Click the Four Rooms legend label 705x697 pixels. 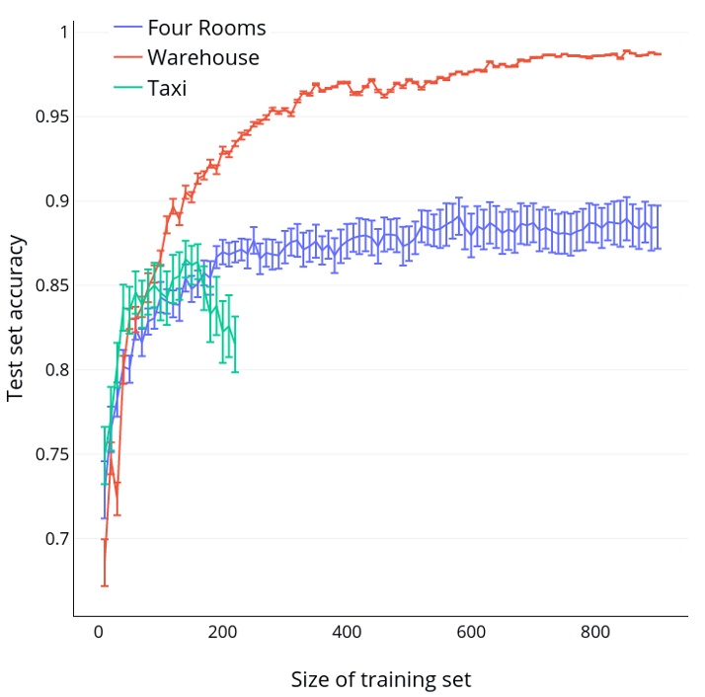(x=205, y=28)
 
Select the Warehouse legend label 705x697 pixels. (x=202, y=58)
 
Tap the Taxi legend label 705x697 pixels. (x=166, y=89)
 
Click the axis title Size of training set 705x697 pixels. (x=380, y=679)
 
